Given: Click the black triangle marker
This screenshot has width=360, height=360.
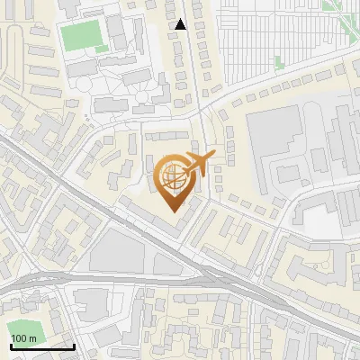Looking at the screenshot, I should [180, 24].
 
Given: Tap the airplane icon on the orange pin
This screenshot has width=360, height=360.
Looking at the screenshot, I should [196, 164].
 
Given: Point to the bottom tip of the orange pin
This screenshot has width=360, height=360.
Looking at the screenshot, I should [173, 211].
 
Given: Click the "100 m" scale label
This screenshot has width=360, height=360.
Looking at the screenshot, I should [22, 338].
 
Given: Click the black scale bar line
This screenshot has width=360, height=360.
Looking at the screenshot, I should [40, 346].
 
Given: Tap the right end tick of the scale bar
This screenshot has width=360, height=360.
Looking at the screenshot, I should [74, 343].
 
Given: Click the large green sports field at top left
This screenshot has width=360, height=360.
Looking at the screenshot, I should [82, 36].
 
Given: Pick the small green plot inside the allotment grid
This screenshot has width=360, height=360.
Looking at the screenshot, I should [278, 62].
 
